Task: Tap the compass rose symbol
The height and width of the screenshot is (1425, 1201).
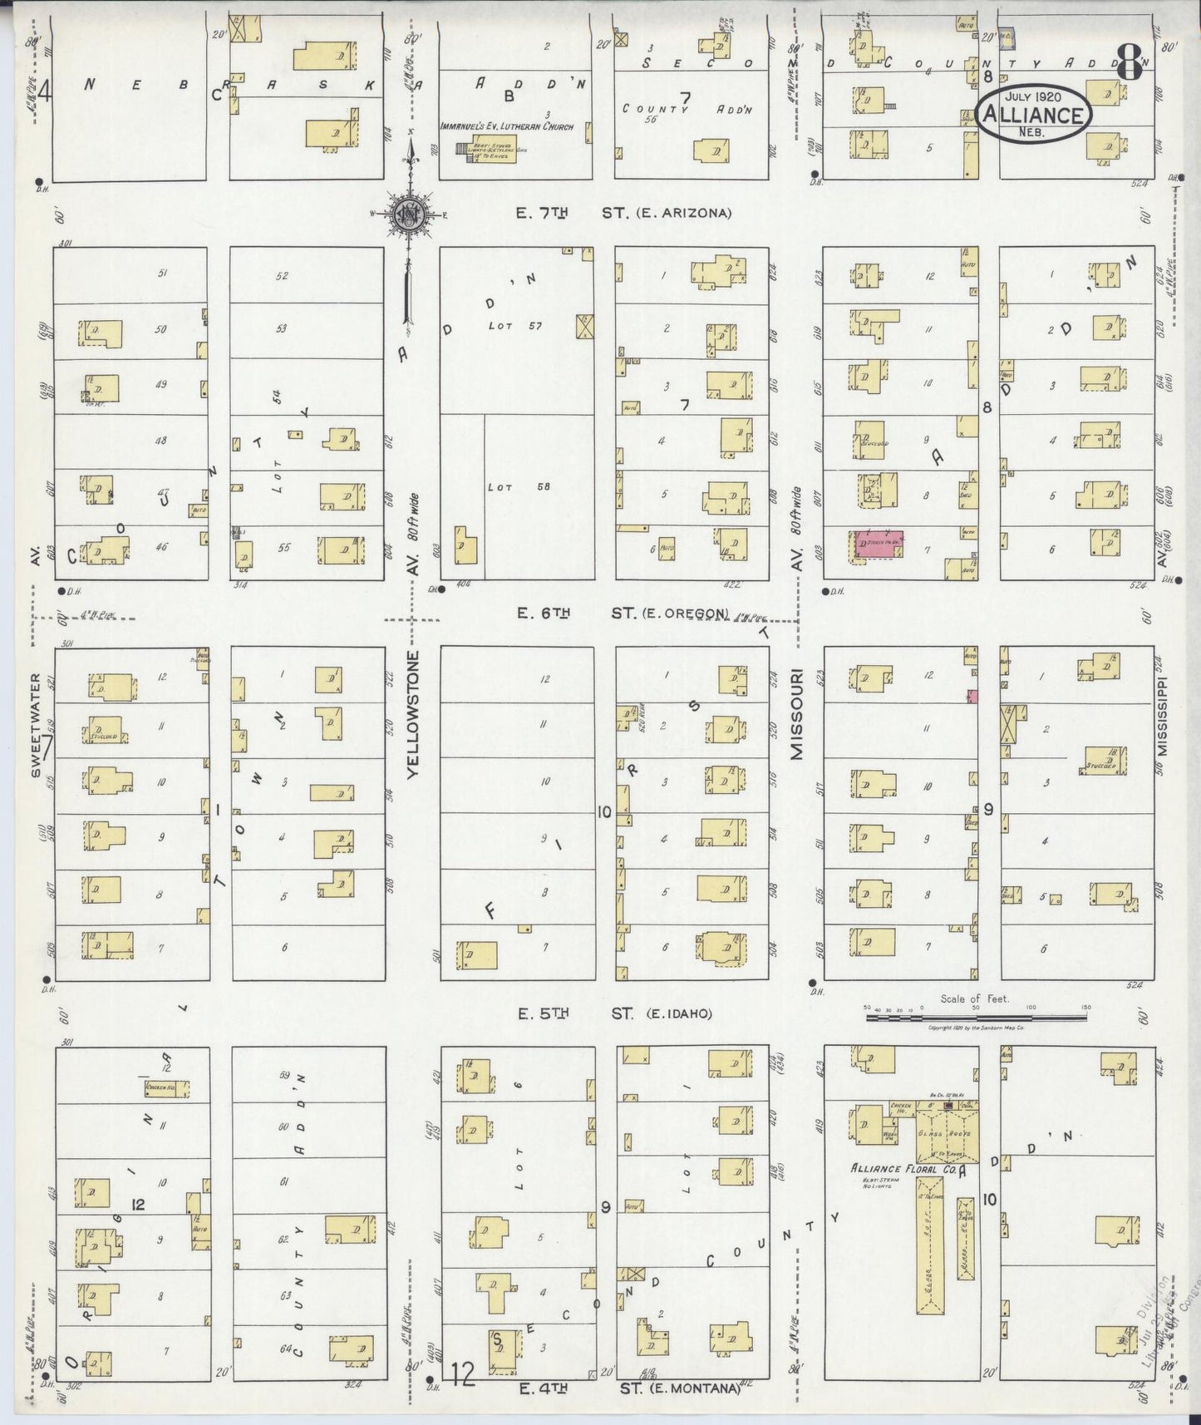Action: tap(409, 214)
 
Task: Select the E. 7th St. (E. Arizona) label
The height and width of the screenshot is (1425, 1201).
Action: tap(623, 214)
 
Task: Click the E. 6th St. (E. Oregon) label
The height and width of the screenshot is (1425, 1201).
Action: tap(623, 614)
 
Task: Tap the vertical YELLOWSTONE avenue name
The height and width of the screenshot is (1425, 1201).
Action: tap(414, 714)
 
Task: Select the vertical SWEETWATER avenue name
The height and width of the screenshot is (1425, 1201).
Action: tap(36, 725)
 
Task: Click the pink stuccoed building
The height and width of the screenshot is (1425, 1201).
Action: tap(879, 544)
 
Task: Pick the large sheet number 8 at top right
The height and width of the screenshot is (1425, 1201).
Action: tap(1128, 59)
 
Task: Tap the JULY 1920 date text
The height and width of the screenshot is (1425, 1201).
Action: tap(1034, 97)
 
